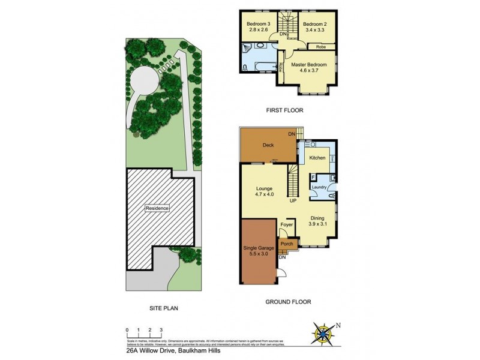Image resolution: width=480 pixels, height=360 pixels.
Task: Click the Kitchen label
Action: click(317, 158)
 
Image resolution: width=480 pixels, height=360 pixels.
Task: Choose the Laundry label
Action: click(319, 188)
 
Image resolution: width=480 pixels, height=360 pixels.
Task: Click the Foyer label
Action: click(287, 225)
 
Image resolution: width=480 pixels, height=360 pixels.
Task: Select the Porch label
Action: click(287, 244)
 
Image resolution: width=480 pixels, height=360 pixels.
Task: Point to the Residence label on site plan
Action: click(157, 208)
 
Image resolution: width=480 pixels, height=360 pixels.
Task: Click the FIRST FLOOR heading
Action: click(285, 110)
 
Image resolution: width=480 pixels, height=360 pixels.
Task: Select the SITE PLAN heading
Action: click(164, 308)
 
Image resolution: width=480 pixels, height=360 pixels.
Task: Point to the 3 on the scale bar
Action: click(161, 330)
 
